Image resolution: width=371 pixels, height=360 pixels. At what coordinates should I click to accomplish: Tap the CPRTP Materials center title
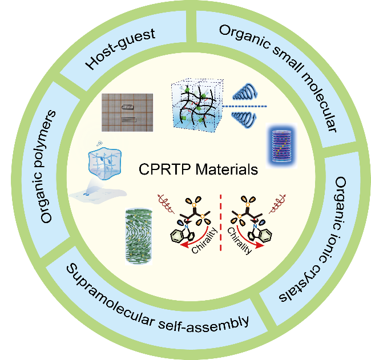197,169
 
